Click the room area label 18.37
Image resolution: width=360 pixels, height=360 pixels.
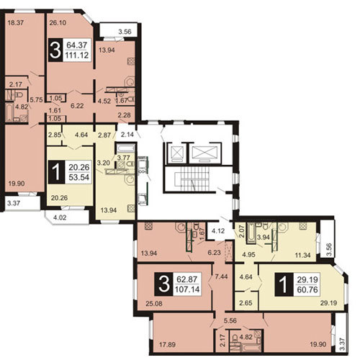click(16, 23)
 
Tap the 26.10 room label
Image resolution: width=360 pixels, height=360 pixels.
click(58, 23)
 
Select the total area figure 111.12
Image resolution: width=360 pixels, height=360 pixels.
click(77, 55)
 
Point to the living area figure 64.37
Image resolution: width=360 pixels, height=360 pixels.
click(77, 45)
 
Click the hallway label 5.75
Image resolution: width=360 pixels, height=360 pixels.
click(36, 99)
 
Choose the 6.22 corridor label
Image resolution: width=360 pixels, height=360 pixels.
click(77, 106)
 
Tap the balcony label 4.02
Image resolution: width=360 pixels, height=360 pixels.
click(60, 217)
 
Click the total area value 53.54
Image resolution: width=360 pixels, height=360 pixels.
click(79, 177)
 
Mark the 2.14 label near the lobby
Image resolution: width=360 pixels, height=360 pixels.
click(127, 135)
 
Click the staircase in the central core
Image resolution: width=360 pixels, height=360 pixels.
click(194, 179)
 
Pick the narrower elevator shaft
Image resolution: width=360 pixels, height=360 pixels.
click(176, 153)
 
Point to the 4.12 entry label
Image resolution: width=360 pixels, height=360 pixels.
click(218, 231)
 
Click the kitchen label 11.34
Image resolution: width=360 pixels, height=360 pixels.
click(303, 255)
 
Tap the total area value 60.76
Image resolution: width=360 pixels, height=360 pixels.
click(307, 289)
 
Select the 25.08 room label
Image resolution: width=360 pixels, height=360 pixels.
click(154, 304)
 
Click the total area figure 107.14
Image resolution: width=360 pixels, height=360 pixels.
click(187, 289)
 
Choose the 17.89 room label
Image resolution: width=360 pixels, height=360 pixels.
click(168, 345)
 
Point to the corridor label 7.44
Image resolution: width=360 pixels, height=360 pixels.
click(221, 276)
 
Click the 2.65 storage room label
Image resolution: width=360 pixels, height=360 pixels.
click(246, 303)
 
